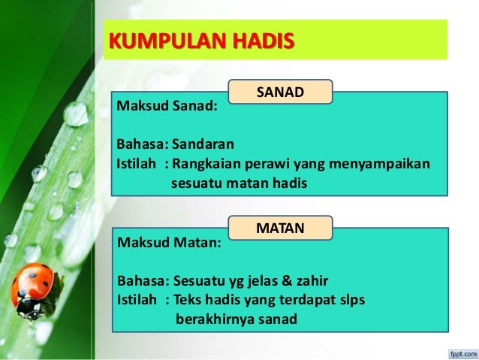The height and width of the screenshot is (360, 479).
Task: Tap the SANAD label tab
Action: (x=279, y=92)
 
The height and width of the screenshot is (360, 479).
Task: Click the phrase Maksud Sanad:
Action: (x=166, y=106)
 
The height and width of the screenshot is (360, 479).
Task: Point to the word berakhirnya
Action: (x=213, y=320)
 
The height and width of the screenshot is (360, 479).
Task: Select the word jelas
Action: (x=255, y=281)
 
